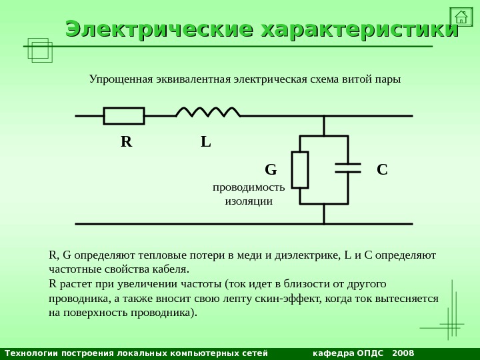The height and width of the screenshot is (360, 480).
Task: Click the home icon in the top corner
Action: point(461,17)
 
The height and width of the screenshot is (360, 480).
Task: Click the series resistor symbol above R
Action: point(124,116)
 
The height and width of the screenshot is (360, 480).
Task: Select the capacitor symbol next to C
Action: point(348,168)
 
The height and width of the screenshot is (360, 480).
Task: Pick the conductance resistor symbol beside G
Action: point(300,170)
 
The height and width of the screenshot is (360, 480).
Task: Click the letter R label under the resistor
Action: point(127,141)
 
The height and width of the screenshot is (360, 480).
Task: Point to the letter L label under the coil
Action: point(206,141)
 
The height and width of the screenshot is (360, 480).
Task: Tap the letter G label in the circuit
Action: point(271,169)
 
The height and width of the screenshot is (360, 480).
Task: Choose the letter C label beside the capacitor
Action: point(382,169)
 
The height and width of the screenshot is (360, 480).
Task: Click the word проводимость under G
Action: point(249,187)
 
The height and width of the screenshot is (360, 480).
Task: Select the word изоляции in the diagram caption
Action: point(249,201)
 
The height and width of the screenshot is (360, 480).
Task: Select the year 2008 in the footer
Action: point(403,353)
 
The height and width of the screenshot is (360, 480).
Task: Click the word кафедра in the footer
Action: point(333,353)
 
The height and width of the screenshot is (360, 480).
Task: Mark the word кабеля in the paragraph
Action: point(172,269)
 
